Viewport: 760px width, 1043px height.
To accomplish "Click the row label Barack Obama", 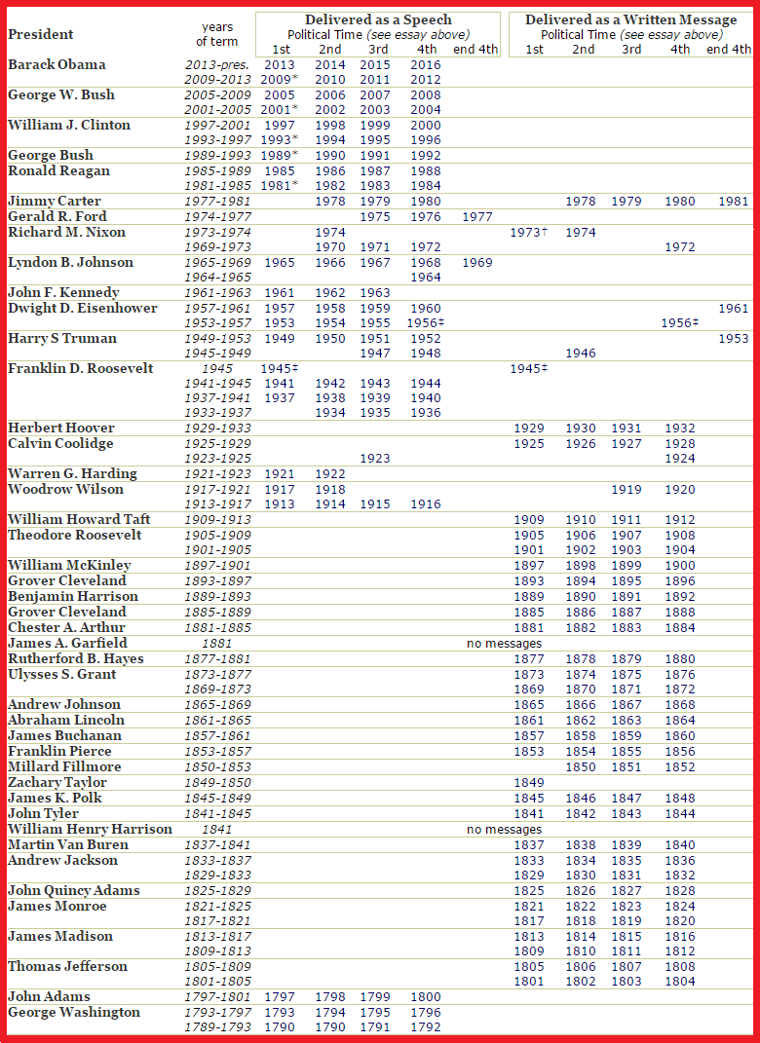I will pyautogui.click(x=57, y=64).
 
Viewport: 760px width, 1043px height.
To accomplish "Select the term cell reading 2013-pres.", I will pyautogui.click(x=217, y=65).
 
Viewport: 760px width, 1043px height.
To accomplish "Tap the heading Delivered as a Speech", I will pyautogui.click(x=378, y=20).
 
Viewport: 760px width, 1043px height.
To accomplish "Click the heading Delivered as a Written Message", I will pyautogui.click(x=630, y=20).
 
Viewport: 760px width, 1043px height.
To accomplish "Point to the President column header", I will pyautogui.click(x=41, y=34).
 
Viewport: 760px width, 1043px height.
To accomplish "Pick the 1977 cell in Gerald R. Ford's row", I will pyautogui.click(x=475, y=217).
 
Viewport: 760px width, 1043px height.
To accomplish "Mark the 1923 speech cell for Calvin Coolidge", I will pyautogui.click(x=375, y=459).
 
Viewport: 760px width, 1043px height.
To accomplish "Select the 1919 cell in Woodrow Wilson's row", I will pyautogui.click(x=627, y=490).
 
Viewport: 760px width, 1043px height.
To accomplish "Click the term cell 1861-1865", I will pyautogui.click(x=217, y=721).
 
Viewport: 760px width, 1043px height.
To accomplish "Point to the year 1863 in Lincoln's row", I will pyautogui.click(x=627, y=721).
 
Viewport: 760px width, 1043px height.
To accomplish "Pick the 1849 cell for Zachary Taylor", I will pyautogui.click(x=529, y=783).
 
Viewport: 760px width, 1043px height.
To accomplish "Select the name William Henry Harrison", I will pyautogui.click(x=90, y=830).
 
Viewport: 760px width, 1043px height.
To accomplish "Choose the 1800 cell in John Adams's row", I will pyautogui.click(x=426, y=997).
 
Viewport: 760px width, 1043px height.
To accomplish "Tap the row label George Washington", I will pyautogui.click(x=74, y=1013).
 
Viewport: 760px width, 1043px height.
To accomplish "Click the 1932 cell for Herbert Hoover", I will pyautogui.click(x=680, y=428).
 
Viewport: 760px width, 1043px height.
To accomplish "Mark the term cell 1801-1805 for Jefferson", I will pyautogui.click(x=217, y=982).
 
